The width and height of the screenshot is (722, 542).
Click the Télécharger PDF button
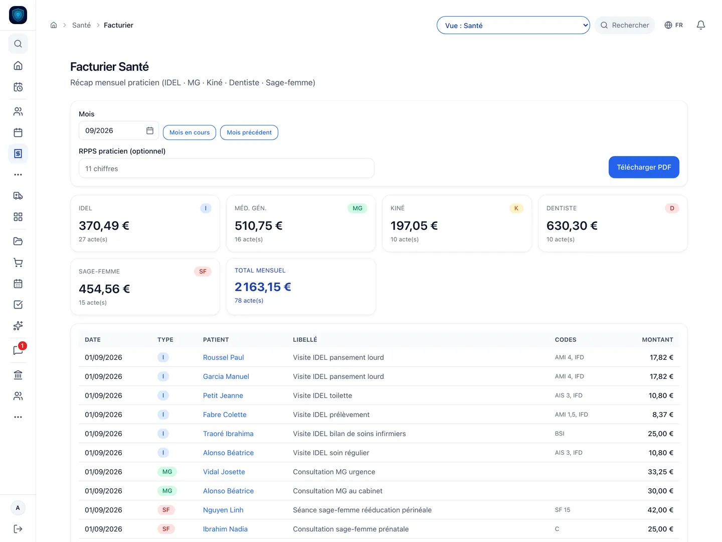[643, 167]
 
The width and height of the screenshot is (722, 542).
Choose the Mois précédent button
[249, 132]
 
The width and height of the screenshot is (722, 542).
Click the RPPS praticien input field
[226, 168]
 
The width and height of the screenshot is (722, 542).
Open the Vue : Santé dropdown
[513, 25]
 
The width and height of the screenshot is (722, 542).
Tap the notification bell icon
[700, 25]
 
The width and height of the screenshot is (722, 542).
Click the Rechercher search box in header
[624, 25]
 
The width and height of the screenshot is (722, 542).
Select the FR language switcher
[673, 25]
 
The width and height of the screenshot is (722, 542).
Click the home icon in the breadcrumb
[54, 25]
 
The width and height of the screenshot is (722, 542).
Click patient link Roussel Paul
[223, 357]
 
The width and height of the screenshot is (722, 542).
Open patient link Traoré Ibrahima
[228, 434]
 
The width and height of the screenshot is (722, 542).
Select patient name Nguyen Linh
[223, 510]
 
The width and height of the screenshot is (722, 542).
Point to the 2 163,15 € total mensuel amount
[263, 287]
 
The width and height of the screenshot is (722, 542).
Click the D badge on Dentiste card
[672, 208]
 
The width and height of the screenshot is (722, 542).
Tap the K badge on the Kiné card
[516, 208]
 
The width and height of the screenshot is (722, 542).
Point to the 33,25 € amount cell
[660, 472]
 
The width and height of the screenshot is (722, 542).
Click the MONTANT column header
[657, 339]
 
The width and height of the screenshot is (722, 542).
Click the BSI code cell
[559, 434]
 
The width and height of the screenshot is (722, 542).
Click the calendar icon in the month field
[149, 130]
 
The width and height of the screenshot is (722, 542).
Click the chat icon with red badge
[19, 350]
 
